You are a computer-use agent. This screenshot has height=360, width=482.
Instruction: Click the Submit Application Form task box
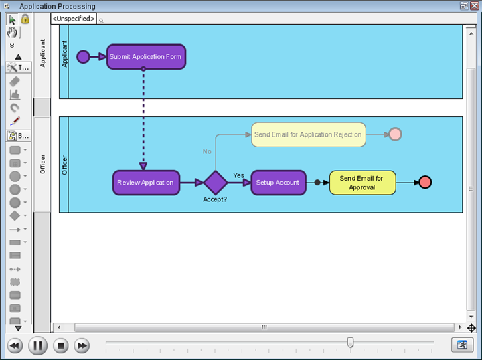147,56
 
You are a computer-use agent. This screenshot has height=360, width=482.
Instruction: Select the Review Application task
147,183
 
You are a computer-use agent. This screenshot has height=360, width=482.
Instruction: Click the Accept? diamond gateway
215,183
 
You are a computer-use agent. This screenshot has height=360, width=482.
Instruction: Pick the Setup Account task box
278,183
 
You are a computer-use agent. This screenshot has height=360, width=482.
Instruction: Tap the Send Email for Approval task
363,183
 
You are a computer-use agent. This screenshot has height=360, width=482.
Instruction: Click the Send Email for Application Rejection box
309,134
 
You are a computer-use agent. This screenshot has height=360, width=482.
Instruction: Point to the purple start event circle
83,57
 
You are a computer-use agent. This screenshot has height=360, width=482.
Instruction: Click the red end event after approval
425,182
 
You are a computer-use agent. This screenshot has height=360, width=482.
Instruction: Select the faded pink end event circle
396,134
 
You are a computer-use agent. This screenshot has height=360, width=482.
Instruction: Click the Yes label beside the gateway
238,175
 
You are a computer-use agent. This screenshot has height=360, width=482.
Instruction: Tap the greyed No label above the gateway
207,151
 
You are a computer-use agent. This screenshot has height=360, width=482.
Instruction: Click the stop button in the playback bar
60,345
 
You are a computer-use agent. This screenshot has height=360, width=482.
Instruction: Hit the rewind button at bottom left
15,345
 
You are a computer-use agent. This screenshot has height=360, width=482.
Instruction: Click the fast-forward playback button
82,345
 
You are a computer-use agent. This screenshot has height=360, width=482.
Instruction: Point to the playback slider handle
350,342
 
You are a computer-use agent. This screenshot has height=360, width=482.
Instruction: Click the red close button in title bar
475,6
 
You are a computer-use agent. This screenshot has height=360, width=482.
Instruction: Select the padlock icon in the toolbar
25,19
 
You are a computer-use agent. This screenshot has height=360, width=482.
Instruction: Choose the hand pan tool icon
12,33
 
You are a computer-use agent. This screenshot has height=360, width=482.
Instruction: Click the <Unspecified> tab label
74,19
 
